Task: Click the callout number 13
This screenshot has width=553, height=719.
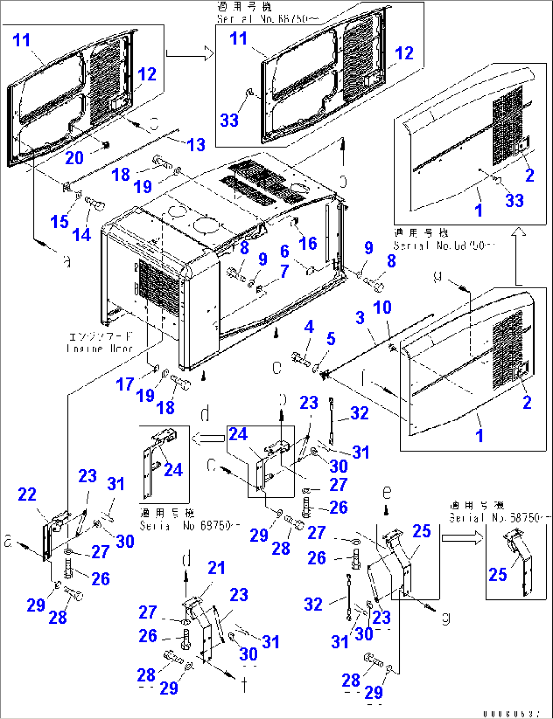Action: tap(196, 145)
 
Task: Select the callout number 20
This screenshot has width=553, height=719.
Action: tap(74, 158)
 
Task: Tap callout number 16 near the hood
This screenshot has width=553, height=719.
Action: tap(307, 243)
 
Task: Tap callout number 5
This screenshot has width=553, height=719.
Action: tap(331, 339)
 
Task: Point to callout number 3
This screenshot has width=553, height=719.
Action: tap(360, 318)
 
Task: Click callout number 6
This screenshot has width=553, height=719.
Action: tap(285, 251)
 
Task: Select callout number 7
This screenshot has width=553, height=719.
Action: tap(285, 271)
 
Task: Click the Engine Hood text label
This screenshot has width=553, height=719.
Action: tap(100, 343)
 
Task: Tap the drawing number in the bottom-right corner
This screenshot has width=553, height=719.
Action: tap(511, 713)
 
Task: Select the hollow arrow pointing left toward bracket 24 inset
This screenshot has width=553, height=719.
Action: tap(208, 438)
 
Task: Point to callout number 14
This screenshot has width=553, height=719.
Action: tap(82, 235)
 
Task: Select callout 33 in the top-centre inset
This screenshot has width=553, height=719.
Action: tap(229, 120)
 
